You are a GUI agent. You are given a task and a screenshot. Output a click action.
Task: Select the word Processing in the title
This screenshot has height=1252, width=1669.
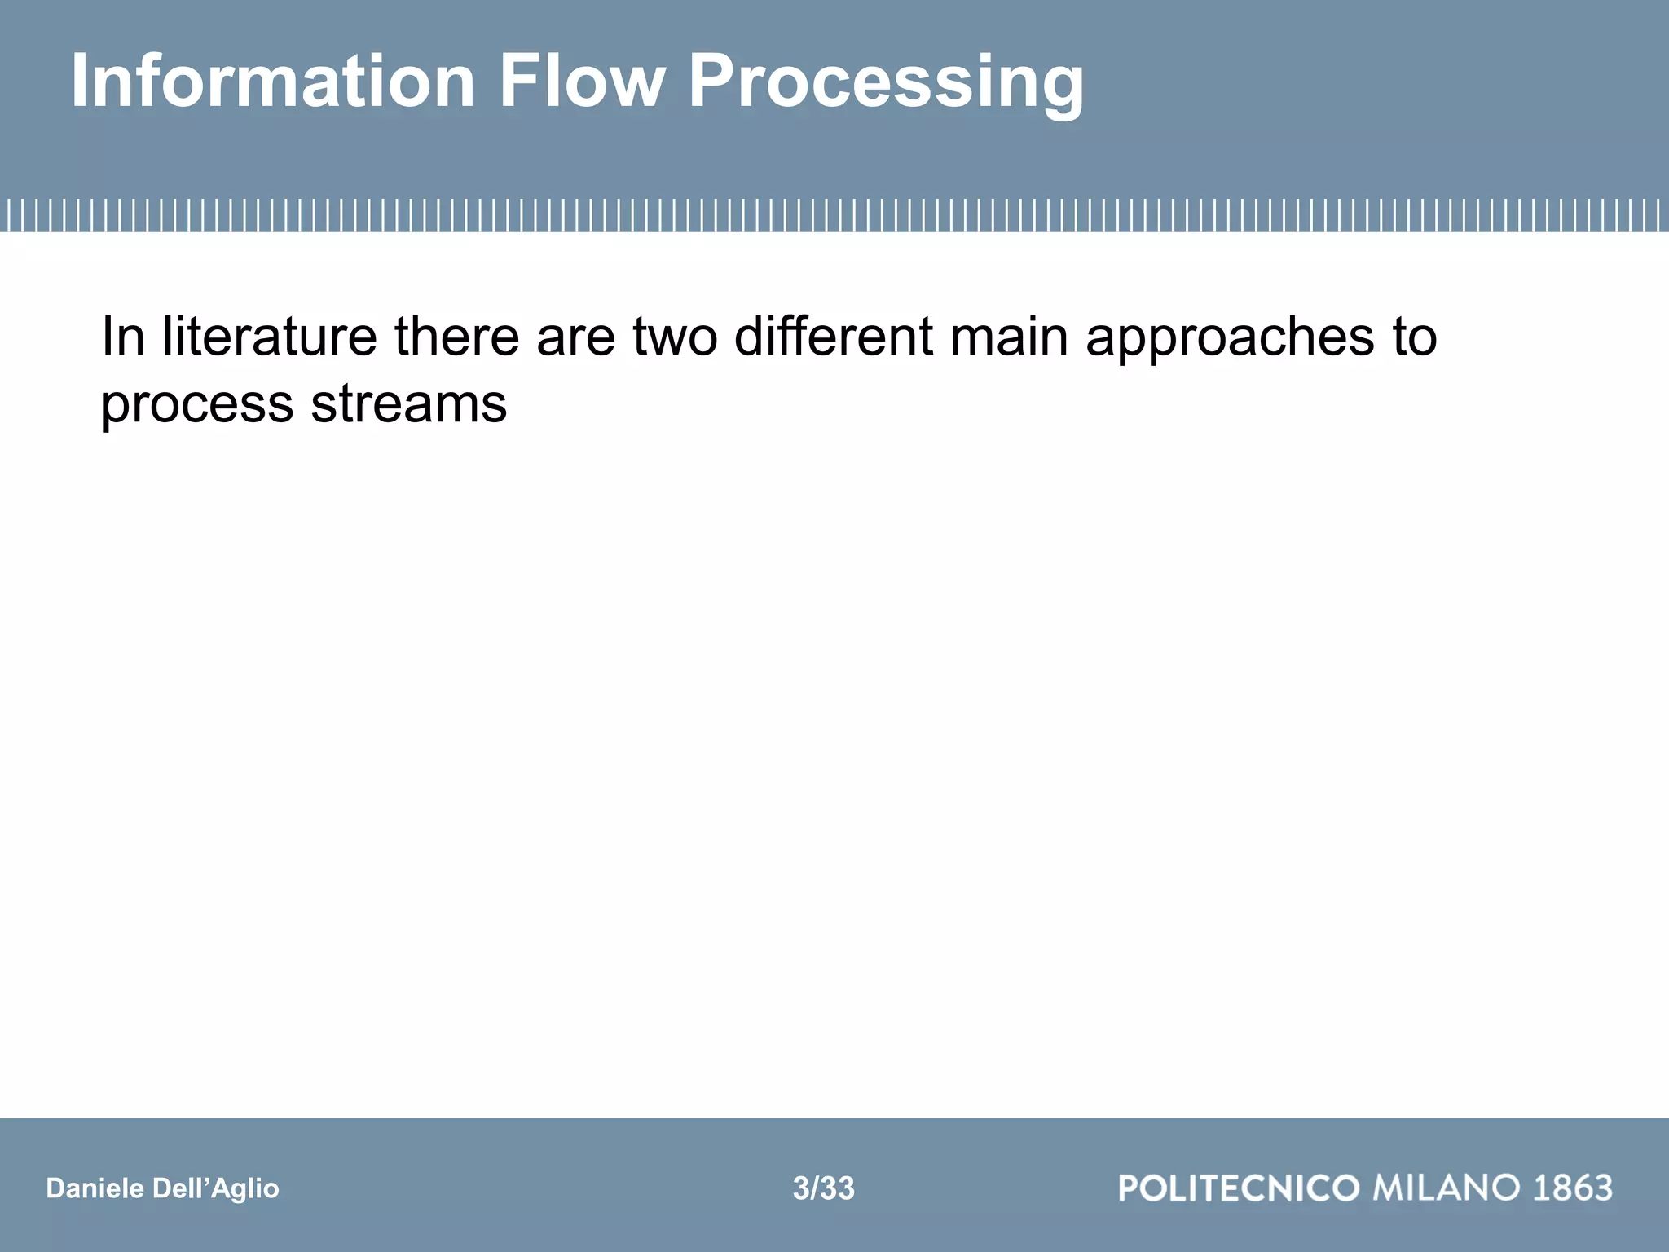pyautogui.click(x=886, y=82)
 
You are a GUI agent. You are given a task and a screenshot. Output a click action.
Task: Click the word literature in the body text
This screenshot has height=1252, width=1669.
pyautogui.click(x=269, y=337)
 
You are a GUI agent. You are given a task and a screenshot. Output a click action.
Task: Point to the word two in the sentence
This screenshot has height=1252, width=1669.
pyautogui.click(x=675, y=337)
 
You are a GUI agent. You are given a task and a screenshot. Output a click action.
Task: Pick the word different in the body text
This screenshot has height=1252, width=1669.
pyautogui.click(x=833, y=337)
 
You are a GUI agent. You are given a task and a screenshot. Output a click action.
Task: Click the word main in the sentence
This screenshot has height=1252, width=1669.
pyautogui.click(x=1009, y=337)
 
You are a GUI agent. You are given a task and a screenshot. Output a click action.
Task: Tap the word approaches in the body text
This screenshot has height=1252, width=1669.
pyautogui.click(x=1230, y=337)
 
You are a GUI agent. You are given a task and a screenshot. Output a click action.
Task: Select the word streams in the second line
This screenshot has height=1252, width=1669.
pyautogui.click(x=408, y=403)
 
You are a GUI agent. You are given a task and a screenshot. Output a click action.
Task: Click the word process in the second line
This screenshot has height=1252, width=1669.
pyautogui.click(x=196, y=403)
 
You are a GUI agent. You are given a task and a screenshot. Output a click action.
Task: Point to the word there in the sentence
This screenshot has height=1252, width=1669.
pyautogui.click(x=456, y=337)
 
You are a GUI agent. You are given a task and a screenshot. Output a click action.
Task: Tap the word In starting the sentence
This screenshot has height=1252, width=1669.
pyautogui.click(x=123, y=337)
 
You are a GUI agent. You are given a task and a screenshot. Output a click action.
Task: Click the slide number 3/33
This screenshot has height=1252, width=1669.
pyautogui.click(x=823, y=1188)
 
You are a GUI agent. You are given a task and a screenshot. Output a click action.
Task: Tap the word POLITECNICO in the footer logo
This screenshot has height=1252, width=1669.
pyautogui.click(x=1239, y=1188)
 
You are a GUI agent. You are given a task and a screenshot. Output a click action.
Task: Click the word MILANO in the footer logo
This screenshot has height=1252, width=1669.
pyautogui.click(x=1447, y=1188)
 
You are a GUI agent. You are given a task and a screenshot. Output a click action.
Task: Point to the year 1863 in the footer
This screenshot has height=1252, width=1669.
pyautogui.click(x=1573, y=1188)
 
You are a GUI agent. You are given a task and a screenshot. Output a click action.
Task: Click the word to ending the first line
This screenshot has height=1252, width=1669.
pyautogui.click(x=1414, y=337)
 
